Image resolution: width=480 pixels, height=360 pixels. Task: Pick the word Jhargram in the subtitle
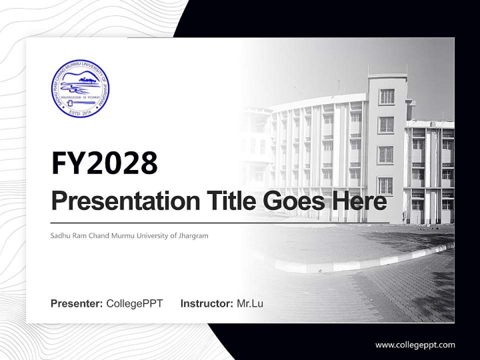point(192,235)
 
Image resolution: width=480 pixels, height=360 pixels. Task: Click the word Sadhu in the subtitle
point(60,235)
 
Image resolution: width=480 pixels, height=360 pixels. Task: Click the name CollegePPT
point(134,303)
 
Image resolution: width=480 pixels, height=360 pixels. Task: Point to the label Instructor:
point(207,303)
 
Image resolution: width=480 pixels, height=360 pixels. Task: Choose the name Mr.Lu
point(250,303)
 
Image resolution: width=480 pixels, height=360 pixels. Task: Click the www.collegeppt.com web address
point(415,344)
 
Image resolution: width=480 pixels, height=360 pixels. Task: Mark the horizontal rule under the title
point(220,222)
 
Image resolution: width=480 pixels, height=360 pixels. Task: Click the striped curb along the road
point(350,261)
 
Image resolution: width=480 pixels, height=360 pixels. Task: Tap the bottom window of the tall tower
point(385,185)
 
